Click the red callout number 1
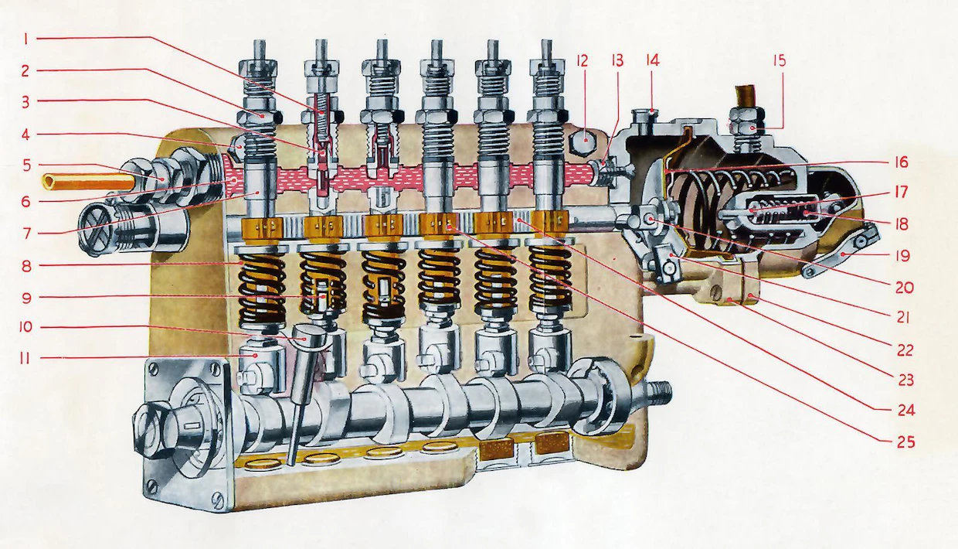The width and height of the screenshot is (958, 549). click(26, 39)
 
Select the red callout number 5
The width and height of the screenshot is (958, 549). click(27, 165)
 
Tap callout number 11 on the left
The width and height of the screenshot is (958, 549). click(25, 358)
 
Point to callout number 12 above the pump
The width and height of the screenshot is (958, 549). click(582, 60)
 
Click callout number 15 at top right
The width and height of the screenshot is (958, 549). click(779, 61)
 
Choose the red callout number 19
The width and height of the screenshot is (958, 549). click(902, 256)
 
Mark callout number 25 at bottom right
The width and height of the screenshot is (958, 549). click(905, 442)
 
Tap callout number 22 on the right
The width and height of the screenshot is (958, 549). click(905, 350)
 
